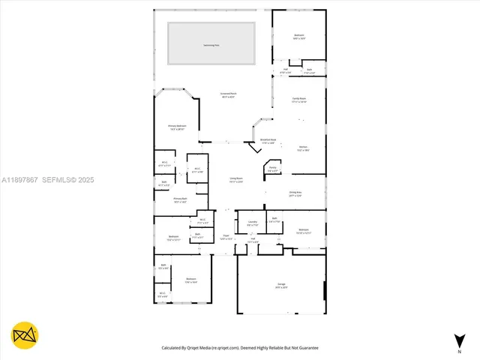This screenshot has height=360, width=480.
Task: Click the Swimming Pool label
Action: click(x=211, y=45)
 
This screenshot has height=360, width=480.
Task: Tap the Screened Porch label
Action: click(x=227, y=95)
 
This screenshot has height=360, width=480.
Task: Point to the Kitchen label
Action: click(x=304, y=149)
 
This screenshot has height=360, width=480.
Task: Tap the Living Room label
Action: click(x=235, y=179)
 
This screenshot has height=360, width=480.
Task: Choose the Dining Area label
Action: click(x=295, y=193)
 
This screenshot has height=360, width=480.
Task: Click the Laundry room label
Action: click(x=252, y=222)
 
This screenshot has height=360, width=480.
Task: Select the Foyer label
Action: click(x=226, y=237)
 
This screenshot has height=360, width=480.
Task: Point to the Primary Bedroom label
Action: click(x=177, y=126)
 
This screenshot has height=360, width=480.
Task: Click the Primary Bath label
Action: click(x=179, y=199)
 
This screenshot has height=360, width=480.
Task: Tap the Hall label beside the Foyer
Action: click(x=254, y=241)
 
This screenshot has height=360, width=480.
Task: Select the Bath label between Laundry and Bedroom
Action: click(x=275, y=220)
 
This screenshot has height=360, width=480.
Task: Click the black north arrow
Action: click(x=458, y=340)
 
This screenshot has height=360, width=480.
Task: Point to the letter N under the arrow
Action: click(x=458, y=351)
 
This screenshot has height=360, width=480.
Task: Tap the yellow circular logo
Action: click(x=25, y=334)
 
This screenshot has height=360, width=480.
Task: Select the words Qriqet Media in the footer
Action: click(x=214, y=348)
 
